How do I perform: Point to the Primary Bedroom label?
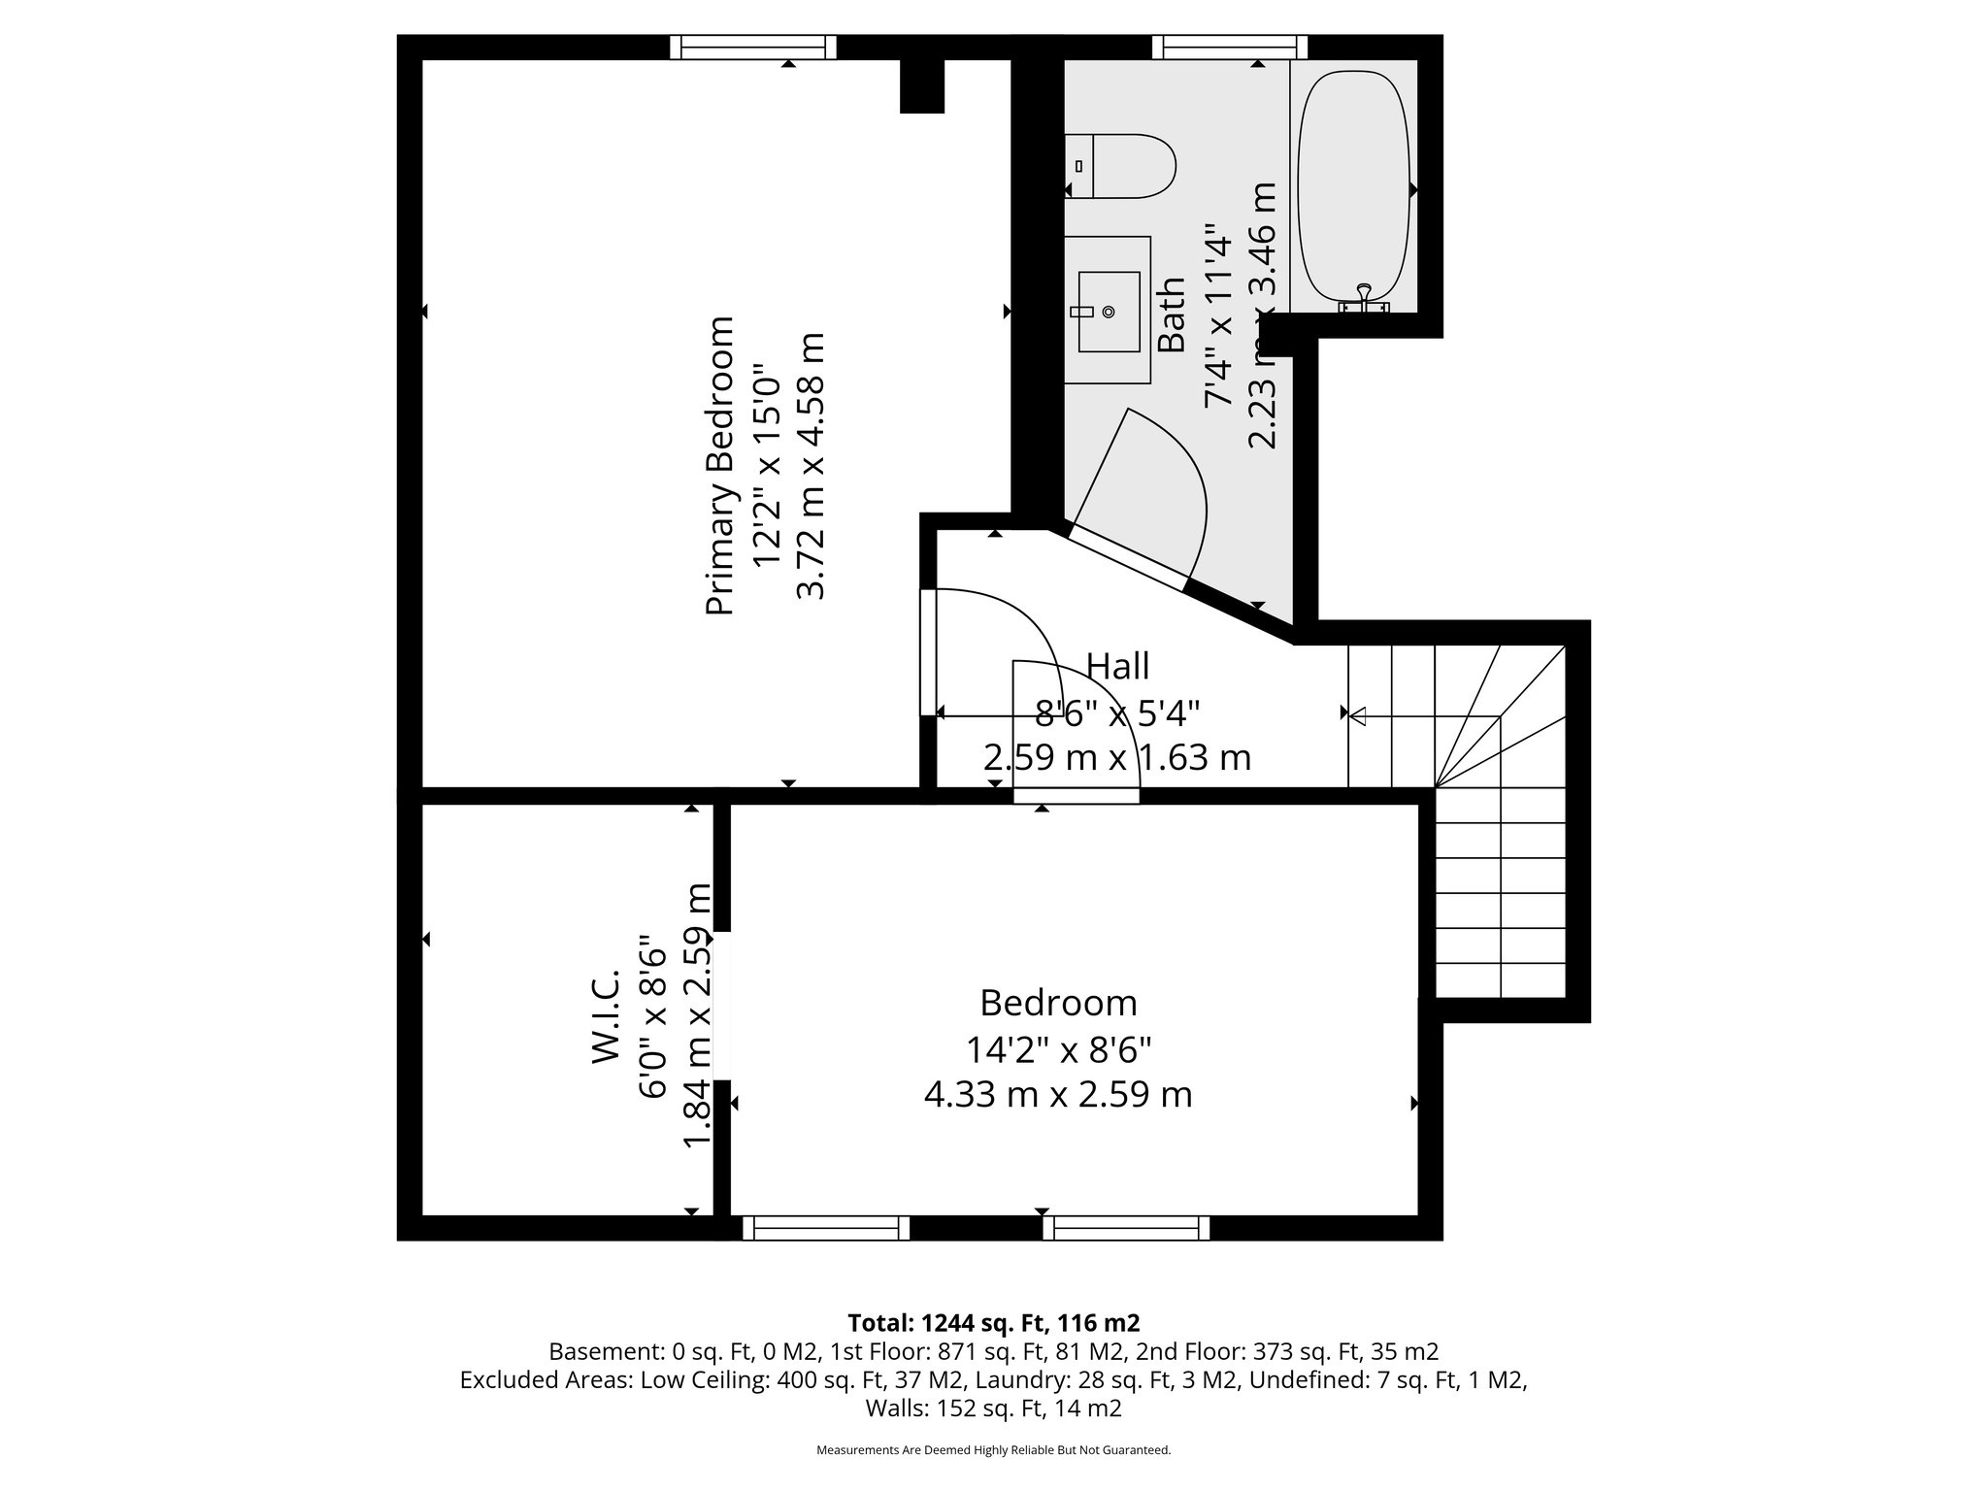pos(719,466)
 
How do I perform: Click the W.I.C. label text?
pos(606,1014)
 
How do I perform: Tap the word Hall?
pos(1117,666)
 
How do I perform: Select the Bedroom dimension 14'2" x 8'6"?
pos(1058,1049)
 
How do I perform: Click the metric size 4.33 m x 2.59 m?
pos(1058,1094)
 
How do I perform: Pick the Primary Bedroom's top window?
pos(753,47)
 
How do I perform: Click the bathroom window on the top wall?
pos(1229,47)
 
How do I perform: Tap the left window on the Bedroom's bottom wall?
pos(826,1229)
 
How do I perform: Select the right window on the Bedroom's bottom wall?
pos(1126,1229)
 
